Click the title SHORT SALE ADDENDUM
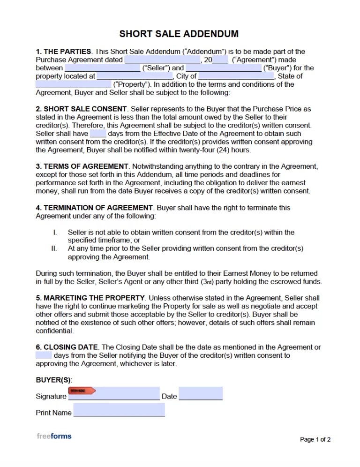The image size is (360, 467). coord(179,34)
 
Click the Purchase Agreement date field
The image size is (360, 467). coord(162,60)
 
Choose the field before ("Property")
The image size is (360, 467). coord(74,84)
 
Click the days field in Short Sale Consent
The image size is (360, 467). coord(97,134)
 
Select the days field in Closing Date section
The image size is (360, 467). coord(44,356)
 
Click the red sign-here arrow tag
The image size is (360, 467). coord(82,390)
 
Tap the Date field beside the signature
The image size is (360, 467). coord(200,394)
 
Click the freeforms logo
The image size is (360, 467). coord(54,436)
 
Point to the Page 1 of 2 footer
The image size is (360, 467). coord(315,439)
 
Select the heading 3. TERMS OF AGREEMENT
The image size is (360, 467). coord(82,166)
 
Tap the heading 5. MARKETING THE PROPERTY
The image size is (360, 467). coord(90,298)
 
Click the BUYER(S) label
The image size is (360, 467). coord(54,380)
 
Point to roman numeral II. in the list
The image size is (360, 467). coord(54,249)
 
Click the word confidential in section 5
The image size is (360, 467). coord(54,331)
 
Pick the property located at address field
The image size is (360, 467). coord(134,76)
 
